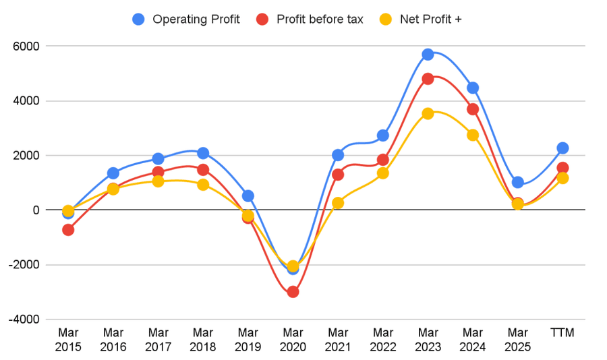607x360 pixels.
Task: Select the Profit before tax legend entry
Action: coord(310,20)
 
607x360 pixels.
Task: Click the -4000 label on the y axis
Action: coord(24,320)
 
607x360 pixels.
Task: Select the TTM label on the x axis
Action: coord(562,332)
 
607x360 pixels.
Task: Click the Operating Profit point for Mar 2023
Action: coord(428,55)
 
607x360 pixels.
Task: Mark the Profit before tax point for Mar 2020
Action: coord(293,292)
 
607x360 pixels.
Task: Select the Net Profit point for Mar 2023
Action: coord(428,114)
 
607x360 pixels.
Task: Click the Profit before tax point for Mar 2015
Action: coord(68,230)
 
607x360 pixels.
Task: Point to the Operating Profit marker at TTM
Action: coord(562,148)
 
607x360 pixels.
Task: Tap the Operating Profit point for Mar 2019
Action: coord(248,196)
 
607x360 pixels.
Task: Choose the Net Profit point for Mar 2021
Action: coord(338,203)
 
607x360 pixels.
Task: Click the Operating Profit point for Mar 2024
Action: coord(473,88)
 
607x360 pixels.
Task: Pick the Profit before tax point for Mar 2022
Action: coord(383,160)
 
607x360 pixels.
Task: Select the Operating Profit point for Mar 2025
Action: coord(518,183)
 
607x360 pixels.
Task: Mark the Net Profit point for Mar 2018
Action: coord(203,185)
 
